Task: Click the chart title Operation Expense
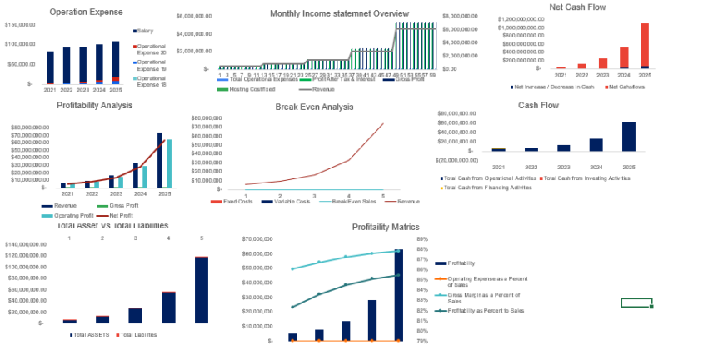86,12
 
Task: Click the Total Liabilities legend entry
137,334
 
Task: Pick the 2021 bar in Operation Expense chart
50,67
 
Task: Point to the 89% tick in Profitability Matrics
422,238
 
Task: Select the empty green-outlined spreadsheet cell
636,302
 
